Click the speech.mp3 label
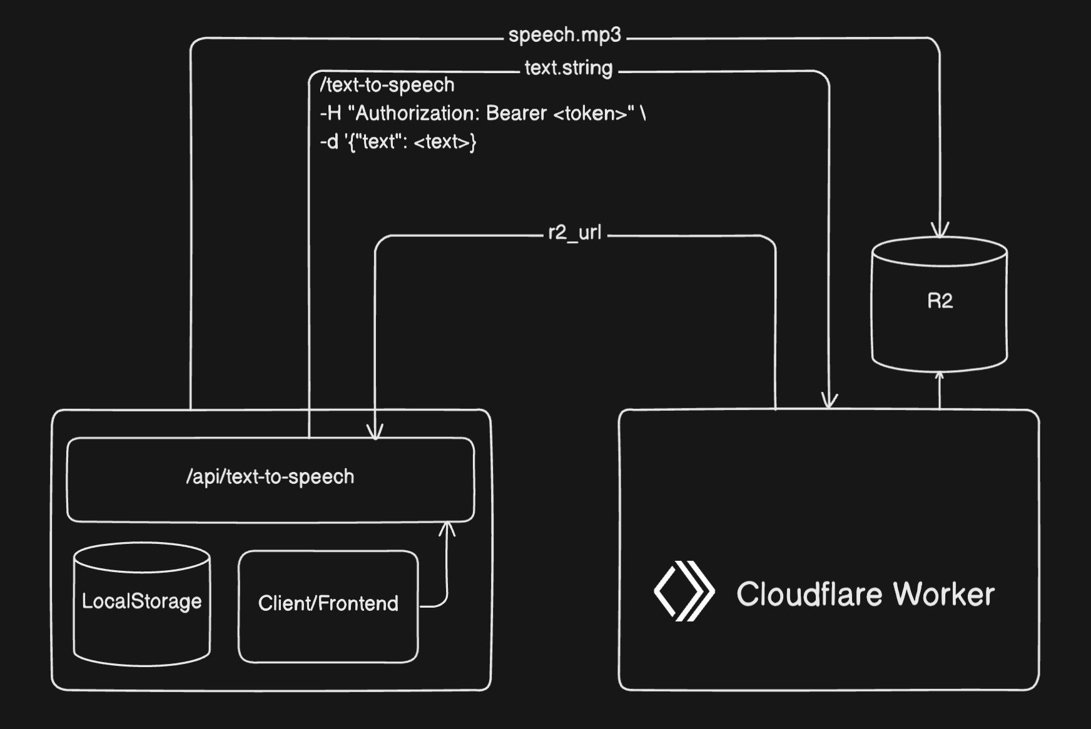pos(564,35)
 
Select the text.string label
pos(568,68)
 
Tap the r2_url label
pos(574,233)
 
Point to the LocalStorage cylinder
pos(142,603)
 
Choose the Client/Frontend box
pos(328,605)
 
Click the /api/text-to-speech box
pos(270,478)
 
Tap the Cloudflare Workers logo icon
pos(684,591)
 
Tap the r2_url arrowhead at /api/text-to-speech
pos(375,433)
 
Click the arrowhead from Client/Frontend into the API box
pos(447,529)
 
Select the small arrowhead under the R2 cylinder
pos(939,376)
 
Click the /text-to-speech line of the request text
pos(387,85)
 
